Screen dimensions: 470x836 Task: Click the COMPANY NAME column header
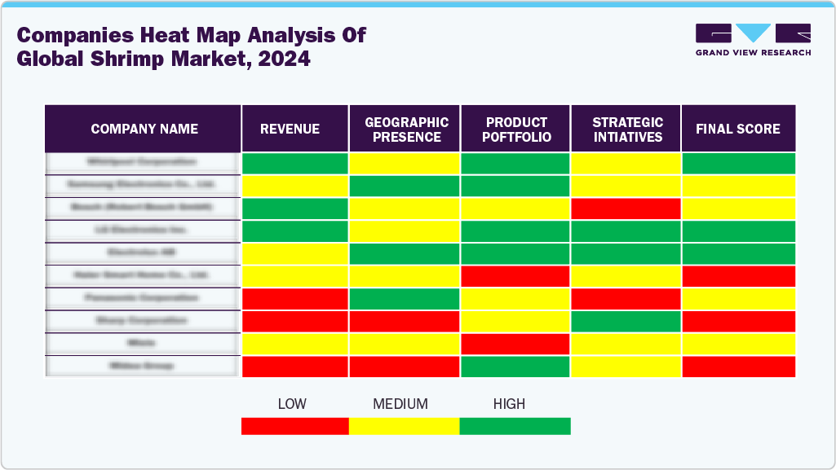pyautogui.click(x=144, y=129)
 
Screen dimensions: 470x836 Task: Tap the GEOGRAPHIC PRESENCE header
pyautogui.click(x=406, y=130)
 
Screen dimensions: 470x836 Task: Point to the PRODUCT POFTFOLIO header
pyautogui.click(x=516, y=130)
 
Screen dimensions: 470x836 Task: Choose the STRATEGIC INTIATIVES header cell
pyautogui.click(x=627, y=130)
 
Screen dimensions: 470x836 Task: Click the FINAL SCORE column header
pyautogui.click(x=737, y=129)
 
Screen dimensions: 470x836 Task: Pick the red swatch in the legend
pyautogui.click(x=294, y=425)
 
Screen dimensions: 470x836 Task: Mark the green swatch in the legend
pyautogui.click(x=515, y=425)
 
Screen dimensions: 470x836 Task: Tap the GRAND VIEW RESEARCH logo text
pyautogui.click(x=753, y=53)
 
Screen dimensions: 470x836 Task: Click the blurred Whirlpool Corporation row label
pyautogui.click(x=143, y=163)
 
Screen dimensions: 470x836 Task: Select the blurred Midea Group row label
pyautogui.click(x=143, y=367)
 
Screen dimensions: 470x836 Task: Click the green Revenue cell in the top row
pyautogui.click(x=295, y=163)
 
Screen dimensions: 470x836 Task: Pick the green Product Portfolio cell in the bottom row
pyautogui.click(x=515, y=367)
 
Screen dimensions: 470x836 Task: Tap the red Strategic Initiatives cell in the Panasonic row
pyautogui.click(x=626, y=299)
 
